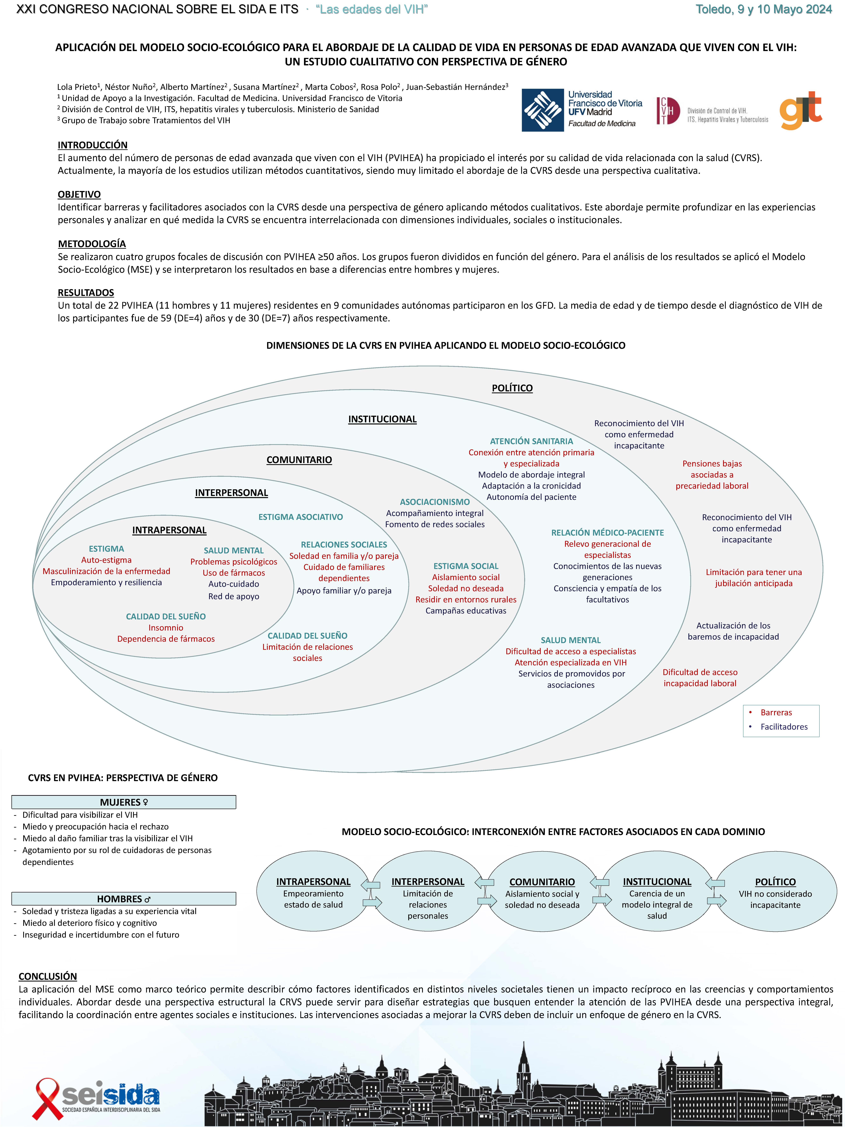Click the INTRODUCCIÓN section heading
coord(93,145)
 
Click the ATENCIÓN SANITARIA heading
coord(531,441)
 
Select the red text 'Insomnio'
coord(166,628)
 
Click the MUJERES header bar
coord(124,802)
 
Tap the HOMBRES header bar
coord(124,899)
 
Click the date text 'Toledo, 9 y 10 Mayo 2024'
coord(764,9)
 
